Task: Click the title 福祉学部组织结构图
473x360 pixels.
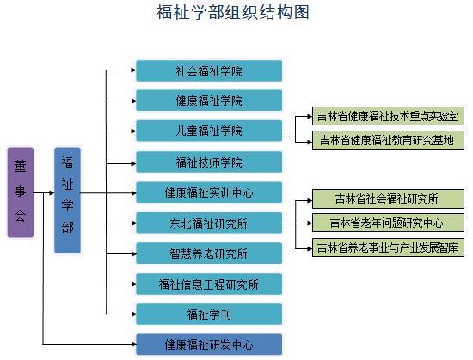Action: [x=232, y=12]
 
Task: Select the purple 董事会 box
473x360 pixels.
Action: [x=21, y=192]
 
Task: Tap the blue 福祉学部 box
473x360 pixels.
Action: [x=67, y=200]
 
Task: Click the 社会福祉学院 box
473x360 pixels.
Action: [x=209, y=70]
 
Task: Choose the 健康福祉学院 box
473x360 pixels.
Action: [x=209, y=101]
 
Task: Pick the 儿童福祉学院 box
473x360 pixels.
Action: [x=209, y=131]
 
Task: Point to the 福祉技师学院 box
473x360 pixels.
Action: [x=209, y=162]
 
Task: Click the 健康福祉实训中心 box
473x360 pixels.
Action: [x=209, y=192]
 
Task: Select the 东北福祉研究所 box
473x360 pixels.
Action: [x=209, y=223]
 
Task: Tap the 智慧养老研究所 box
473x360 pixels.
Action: [x=209, y=253]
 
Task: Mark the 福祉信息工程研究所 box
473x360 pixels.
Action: [x=209, y=284]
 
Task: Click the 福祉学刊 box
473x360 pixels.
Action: [x=209, y=314]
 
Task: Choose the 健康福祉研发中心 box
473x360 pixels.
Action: [x=209, y=345]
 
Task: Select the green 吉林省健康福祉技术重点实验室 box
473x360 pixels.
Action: [x=388, y=116]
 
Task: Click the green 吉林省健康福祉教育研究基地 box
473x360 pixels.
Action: [x=388, y=140]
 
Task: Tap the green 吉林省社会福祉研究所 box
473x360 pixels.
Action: [x=388, y=198]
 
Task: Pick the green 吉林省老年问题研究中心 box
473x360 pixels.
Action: [x=388, y=223]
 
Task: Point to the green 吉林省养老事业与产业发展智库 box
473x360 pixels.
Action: [x=388, y=247]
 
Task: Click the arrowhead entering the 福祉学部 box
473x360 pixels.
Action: [x=52, y=192]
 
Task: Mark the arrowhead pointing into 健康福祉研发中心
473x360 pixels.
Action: [x=133, y=344]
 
